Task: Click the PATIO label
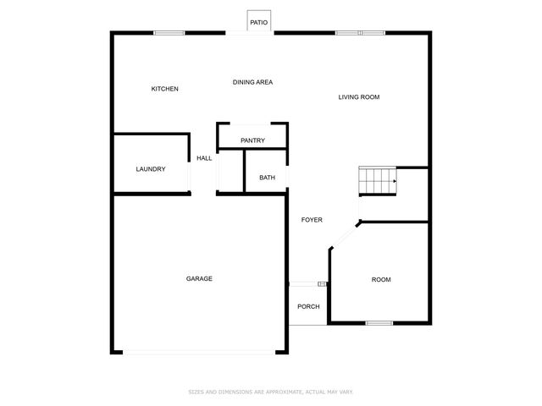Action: pyautogui.click(x=258, y=23)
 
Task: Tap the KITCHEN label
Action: pyautogui.click(x=165, y=89)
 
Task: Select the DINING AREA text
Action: pyautogui.click(x=252, y=82)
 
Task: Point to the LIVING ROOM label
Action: pyautogui.click(x=359, y=97)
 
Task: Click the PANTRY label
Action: pyautogui.click(x=252, y=140)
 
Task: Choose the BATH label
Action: pyautogui.click(x=267, y=178)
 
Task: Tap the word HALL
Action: pyautogui.click(x=204, y=158)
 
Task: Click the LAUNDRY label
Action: pyautogui.click(x=151, y=169)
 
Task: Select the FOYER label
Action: pyautogui.click(x=312, y=220)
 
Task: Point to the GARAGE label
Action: pyautogui.click(x=200, y=279)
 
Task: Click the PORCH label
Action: pyautogui.click(x=308, y=306)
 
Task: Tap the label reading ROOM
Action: pyautogui.click(x=381, y=280)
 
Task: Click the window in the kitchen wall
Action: pyautogui.click(x=169, y=33)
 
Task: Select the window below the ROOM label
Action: pyautogui.click(x=379, y=322)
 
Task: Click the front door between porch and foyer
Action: pyautogui.click(x=307, y=284)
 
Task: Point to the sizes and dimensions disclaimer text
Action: pyautogui.click(x=270, y=392)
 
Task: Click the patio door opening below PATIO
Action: pyautogui.click(x=249, y=34)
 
